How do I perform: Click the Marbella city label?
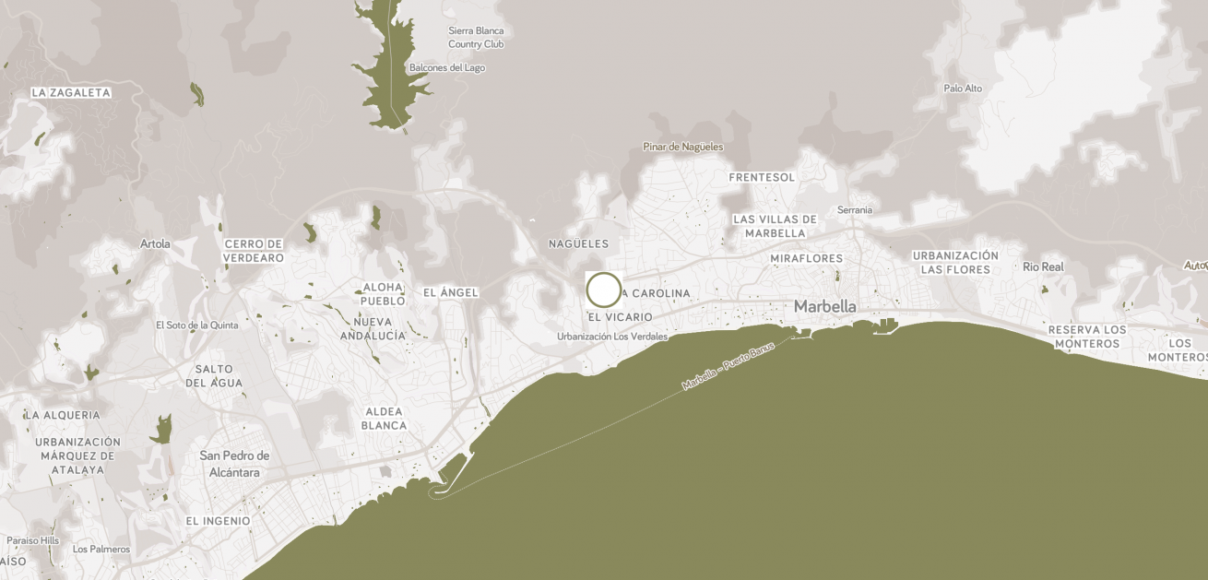tap(824, 306)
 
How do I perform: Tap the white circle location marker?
tap(604, 290)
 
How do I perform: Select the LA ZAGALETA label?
tap(71, 92)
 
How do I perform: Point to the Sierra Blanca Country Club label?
tap(476, 37)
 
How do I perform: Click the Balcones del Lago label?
tap(447, 67)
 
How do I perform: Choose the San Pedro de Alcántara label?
tap(234, 464)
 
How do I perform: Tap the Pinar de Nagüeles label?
tap(682, 147)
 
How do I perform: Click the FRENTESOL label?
tap(762, 177)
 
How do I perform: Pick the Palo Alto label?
tap(963, 89)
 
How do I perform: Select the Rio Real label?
tap(1043, 266)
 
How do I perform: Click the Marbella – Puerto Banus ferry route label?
tap(728, 368)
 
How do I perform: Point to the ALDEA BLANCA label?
tap(384, 418)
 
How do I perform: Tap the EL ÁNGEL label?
tap(451, 292)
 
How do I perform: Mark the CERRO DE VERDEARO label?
tap(254, 251)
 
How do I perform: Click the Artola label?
tap(155, 243)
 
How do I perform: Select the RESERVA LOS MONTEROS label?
tap(1087, 337)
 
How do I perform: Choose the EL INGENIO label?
tap(218, 521)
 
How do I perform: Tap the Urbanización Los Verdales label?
tap(611, 337)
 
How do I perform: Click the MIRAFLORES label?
tap(807, 258)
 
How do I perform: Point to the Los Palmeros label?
tap(101, 549)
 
